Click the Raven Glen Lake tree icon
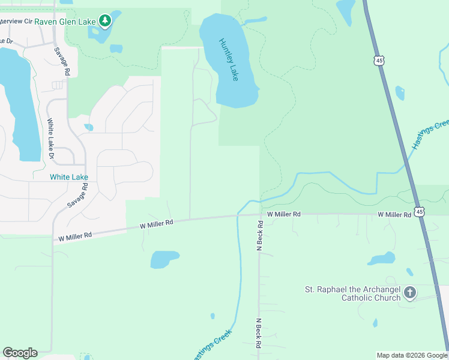click(x=106, y=21)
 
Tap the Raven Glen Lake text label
click(x=65, y=22)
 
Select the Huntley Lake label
click(x=229, y=60)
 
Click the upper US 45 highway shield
click(x=378, y=60)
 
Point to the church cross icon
click(x=410, y=293)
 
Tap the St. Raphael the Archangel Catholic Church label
click(x=352, y=293)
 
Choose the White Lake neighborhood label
click(x=69, y=177)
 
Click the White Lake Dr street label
click(x=51, y=138)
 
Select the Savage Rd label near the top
click(x=62, y=61)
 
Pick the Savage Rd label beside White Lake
click(x=78, y=196)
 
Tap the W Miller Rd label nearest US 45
click(x=394, y=214)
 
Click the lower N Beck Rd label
click(x=259, y=333)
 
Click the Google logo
click(x=20, y=353)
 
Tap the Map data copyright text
click(x=412, y=355)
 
